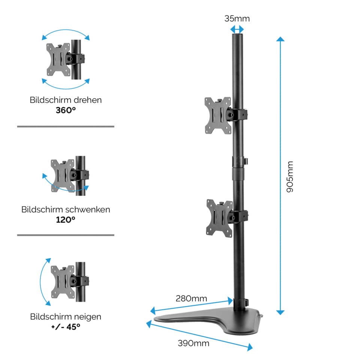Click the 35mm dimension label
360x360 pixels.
(x=237, y=18)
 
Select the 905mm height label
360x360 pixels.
(x=290, y=177)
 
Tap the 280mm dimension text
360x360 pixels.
(x=191, y=298)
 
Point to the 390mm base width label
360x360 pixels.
(x=193, y=343)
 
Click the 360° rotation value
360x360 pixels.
(x=66, y=110)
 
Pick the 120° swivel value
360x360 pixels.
(x=66, y=219)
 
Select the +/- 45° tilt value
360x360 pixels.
(x=66, y=327)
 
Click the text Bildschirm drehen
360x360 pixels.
(x=66, y=100)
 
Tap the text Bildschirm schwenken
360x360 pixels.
(x=66, y=209)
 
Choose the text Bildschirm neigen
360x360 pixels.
(x=66, y=316)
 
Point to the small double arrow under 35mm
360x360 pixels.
(x=237, y=29)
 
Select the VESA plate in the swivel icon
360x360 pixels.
(x=62, y=175)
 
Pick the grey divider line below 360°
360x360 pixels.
(x=66, y=127)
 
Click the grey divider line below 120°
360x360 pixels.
(x=66, y=235)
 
